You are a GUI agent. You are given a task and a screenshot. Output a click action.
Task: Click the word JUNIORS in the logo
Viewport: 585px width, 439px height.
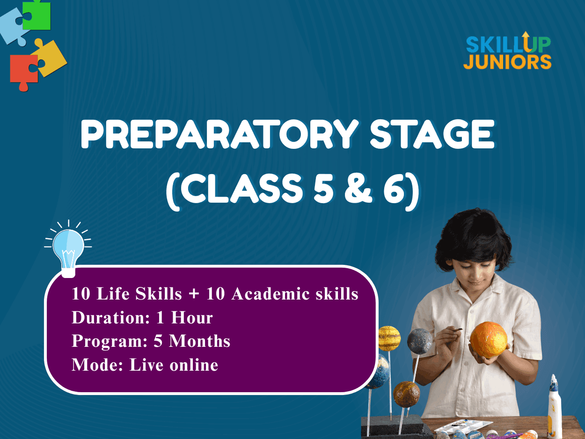click(x=507, y=62)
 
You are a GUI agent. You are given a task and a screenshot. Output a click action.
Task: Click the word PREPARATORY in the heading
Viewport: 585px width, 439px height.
click(x=219, y=134)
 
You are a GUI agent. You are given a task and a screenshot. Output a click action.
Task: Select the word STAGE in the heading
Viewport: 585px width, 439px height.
click(x=432, y=134)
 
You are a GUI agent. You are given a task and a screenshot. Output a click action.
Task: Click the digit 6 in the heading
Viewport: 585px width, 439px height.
click(x=394, y=189)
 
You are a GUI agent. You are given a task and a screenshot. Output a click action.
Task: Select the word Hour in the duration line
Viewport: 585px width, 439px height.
click(x=192, y=317)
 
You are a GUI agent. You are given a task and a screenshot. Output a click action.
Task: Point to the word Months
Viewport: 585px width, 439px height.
click(x=200, y=341)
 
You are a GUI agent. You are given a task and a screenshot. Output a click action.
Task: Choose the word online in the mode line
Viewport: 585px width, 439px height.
click(x=194, y=365)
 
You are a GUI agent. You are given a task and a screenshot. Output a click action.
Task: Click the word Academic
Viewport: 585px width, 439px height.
click(x=270, y=294)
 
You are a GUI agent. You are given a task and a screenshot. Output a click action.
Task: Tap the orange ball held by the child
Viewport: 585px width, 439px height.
click(x=489, y=340)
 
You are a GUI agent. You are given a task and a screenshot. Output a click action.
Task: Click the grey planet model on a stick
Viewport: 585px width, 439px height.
click(x=419, y=341)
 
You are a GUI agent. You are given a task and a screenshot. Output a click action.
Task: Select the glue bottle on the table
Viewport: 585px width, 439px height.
click(x=555, y=407)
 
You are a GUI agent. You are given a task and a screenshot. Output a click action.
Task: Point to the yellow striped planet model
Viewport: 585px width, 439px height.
click(x=389, y=338)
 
